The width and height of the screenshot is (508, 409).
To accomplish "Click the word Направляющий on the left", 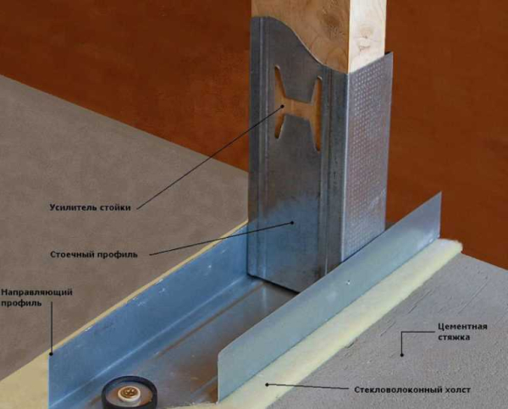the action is [36, 292].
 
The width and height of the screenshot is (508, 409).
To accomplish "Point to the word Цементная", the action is [462, 326].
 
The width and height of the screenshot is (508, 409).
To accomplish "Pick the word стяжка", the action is [454, 337].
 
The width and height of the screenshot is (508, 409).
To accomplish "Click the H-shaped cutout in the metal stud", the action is [298, 109].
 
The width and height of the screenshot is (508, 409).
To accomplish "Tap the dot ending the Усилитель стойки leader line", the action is [283, 106].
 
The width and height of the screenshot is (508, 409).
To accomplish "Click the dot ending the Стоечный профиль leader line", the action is [292, 223].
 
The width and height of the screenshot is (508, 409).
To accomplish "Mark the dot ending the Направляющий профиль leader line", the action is [51, 354].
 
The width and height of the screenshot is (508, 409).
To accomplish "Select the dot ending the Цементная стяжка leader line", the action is [401, 355].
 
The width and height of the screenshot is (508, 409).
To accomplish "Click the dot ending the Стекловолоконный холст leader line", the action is [268, 384].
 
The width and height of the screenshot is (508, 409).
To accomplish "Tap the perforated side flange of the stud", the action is [367, 152].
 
